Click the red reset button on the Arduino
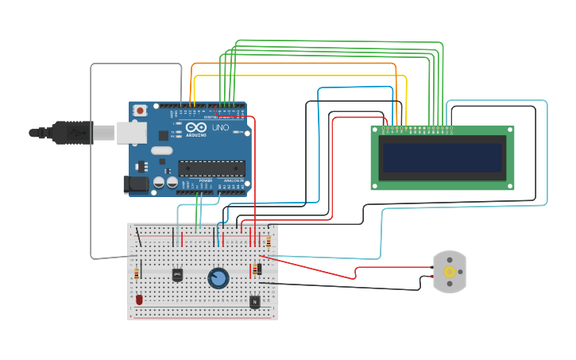(x=140, y=110)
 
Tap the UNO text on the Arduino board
(x=220, y=128)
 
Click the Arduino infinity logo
(x=198, y=128)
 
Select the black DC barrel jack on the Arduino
(x=137, y=184)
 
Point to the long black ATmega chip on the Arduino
(x=211, y=167)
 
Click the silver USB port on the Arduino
(x=131, y=132)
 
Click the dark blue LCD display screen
(x=442, y=158)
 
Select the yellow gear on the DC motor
(x=450, y=272)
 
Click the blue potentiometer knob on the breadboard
(x=218, y=277)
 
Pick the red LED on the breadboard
(x=139, y=300)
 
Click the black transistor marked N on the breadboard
(x=254, y=301)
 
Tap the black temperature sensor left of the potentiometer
(x=177, y=274)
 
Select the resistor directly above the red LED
(x=137, y=273)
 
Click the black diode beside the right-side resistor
(x=260, y=269)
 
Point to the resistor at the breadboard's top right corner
(x=269, y=241)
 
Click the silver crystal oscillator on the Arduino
(x=160, y=151)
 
